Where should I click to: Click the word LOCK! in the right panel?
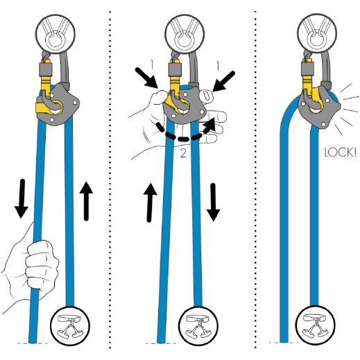pyautogui.click(x=340, y=153)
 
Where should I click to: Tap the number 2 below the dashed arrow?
pyautogui.click(x=183, y=153)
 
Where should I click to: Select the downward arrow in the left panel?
pyautogui.click(x=22, y=198)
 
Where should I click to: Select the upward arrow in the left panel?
pyautogui.click(x=86, y=201)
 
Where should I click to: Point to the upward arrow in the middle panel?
pyautogui.click(x=150, y=203)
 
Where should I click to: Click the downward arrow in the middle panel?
pyautogui.click(x=214, y=202)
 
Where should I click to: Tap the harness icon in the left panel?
pyautogui.click(x=70, y=325)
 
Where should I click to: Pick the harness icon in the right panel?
pyautogui.click(x=316, y=325)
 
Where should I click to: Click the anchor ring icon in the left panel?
pyautogui.click(x=55, y=34)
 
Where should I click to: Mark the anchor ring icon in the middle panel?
pyautogui.click(x=185, y=34)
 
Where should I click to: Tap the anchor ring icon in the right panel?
pyautogui.click(x=317, y=34)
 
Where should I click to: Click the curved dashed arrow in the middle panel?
pyautogui.click(x=184, y=138)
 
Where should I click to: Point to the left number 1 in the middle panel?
pyautogui.click(x=152, y=65)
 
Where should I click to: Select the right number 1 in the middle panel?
pyautogui.click(x=217, y=65)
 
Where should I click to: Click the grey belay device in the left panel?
pyautogui.click(x=58, y=105)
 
